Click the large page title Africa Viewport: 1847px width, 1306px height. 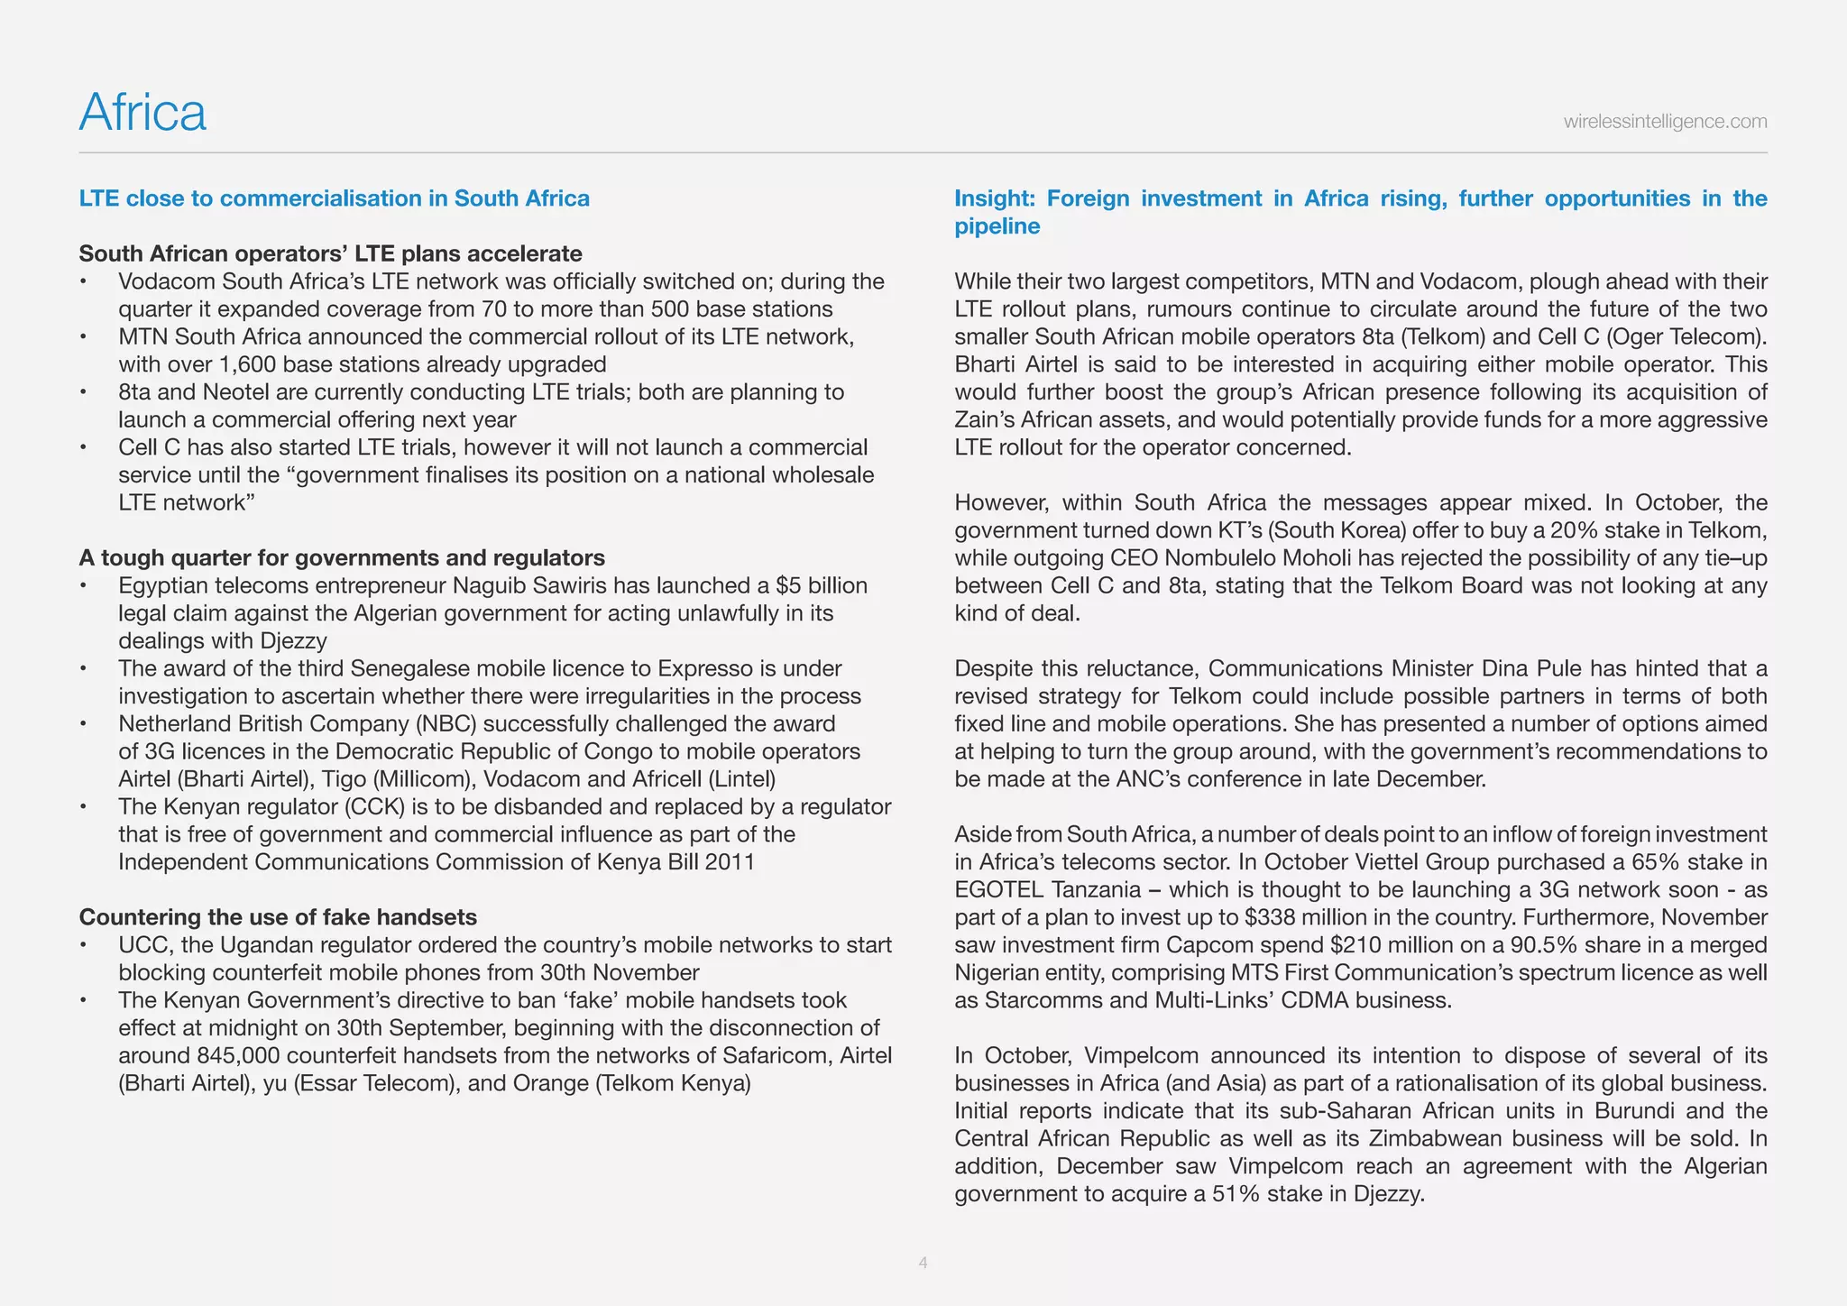tap(142, 113)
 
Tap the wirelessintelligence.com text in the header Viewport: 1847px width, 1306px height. tap(1665, 122)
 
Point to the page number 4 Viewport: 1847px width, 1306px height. tap(923, 1263)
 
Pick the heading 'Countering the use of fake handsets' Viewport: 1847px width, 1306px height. tap(278, 917)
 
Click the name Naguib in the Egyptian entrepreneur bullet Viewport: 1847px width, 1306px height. tap(492, 585)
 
